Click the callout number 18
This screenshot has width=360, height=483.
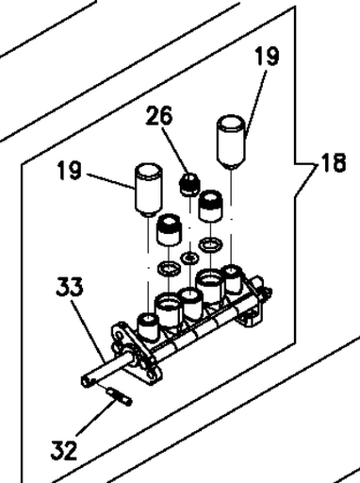[333, 162]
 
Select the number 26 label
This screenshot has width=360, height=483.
[159, 115]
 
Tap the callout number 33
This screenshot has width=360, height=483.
[70, 286]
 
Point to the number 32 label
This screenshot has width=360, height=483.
[64, 450]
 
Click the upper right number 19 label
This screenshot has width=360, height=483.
[268, 56]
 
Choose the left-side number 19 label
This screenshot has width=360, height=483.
[70, 170]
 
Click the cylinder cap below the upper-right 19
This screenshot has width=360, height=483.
[231, 142]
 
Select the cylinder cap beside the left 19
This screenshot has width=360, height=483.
[149, 190]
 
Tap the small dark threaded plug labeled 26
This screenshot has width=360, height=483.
[189, 184]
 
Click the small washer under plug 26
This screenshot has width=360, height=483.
[190, 258]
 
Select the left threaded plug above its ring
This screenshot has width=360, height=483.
[170, 230]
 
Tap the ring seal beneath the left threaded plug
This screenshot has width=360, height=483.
[170, 269]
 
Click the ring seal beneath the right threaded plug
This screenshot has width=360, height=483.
[211, 244]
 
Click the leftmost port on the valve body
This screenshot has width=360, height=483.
[148, 327]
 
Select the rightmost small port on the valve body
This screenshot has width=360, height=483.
[233, 279]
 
